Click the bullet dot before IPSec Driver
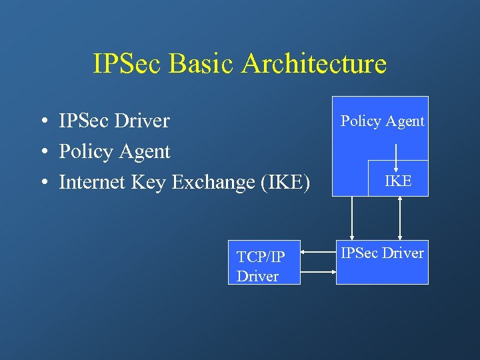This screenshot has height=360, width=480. (x=42, y=122)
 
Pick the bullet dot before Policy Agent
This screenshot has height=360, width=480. (x=42, y=153)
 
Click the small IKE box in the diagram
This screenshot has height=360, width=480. (x=398, y=180)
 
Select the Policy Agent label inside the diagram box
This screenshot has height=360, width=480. (x=382, y=121)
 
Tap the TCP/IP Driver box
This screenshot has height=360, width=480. (x=264, y=262)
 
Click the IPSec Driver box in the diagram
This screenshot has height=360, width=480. (x=382, y=262)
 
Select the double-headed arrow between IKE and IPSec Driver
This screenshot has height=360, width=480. (x=399, y=218)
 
